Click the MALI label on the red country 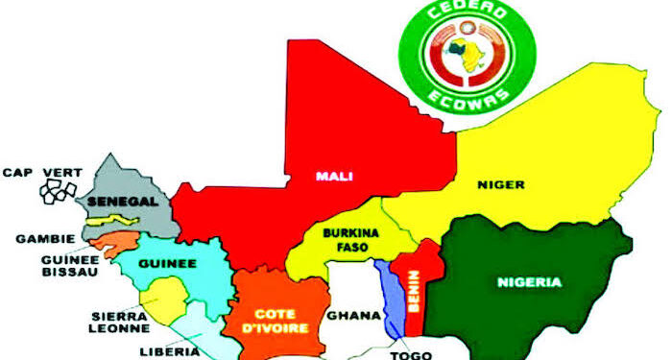click(329, 176)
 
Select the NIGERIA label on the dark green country click(529, 283)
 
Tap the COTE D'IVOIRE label click(279, 321)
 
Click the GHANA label click(346, 315)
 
